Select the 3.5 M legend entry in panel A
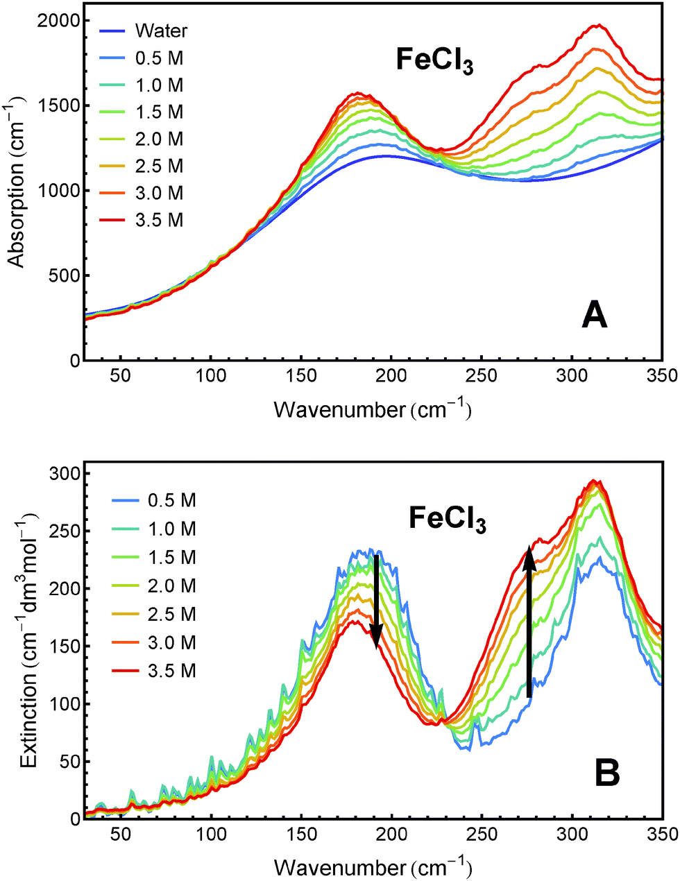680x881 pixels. pyautogui.click(x=159, y=221)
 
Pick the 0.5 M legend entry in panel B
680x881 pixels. pyautogui.click(x=171, y=500)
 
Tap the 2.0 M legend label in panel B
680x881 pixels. pyautogui.click(x=171, y=586)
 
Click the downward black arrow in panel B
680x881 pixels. pyautogui.click(x=376, y=601)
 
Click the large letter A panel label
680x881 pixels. pyautogui.click(x=594, y=316)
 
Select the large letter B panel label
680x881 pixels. pyautogui.click(x=607, y=773)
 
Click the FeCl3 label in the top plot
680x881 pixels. pyautogui.click(x=434, y=60)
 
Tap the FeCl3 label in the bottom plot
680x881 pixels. pyautogui.click(x=447, y=519)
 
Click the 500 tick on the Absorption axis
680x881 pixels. pyautogui.click(x=62, y=275)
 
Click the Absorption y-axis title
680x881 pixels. pyautogui.click(x=17, y=191)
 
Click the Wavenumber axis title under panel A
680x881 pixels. pyautogui.click(x=373, y=410)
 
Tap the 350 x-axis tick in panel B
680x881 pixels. pyautogui.click(x=661, y=834)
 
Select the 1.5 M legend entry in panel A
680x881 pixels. pyautogui.click(x=159, y=112)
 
